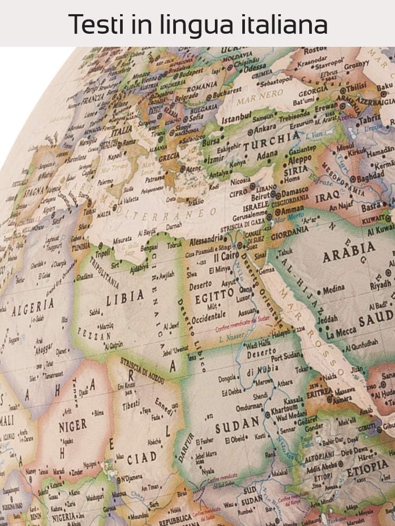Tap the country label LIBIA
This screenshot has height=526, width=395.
click(x=124, y=299)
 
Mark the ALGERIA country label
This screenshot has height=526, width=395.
click(x=33, y=306)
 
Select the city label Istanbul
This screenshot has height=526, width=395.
click(x=237, y=120)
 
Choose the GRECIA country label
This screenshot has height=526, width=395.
click(x=169, y=157)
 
